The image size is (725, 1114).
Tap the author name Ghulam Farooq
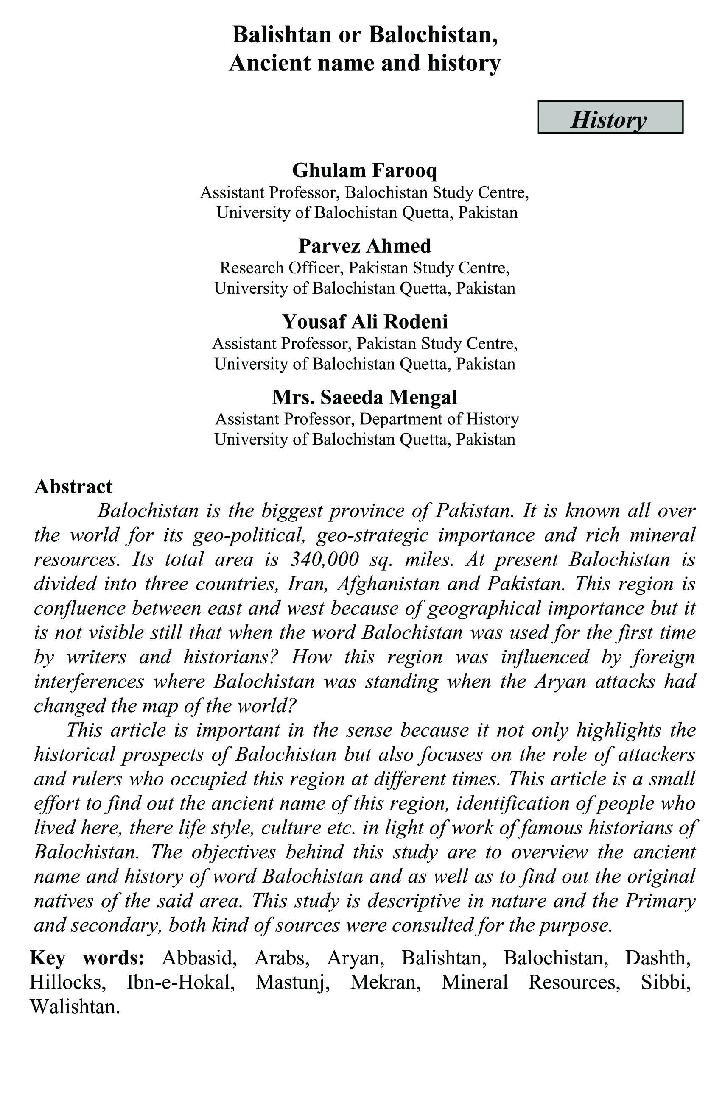coord(364,170)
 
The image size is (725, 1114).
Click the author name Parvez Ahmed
coord(364,246)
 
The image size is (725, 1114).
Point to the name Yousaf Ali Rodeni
coord(364,322)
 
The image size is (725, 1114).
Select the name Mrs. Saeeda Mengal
coord(364,397)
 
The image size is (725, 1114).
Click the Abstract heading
coord(73,486)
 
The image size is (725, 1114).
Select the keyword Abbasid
coord(198,958)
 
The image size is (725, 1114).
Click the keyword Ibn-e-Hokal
coord(181,983)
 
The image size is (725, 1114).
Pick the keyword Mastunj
coord(292,983)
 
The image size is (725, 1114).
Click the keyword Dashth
coord(658,958)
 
